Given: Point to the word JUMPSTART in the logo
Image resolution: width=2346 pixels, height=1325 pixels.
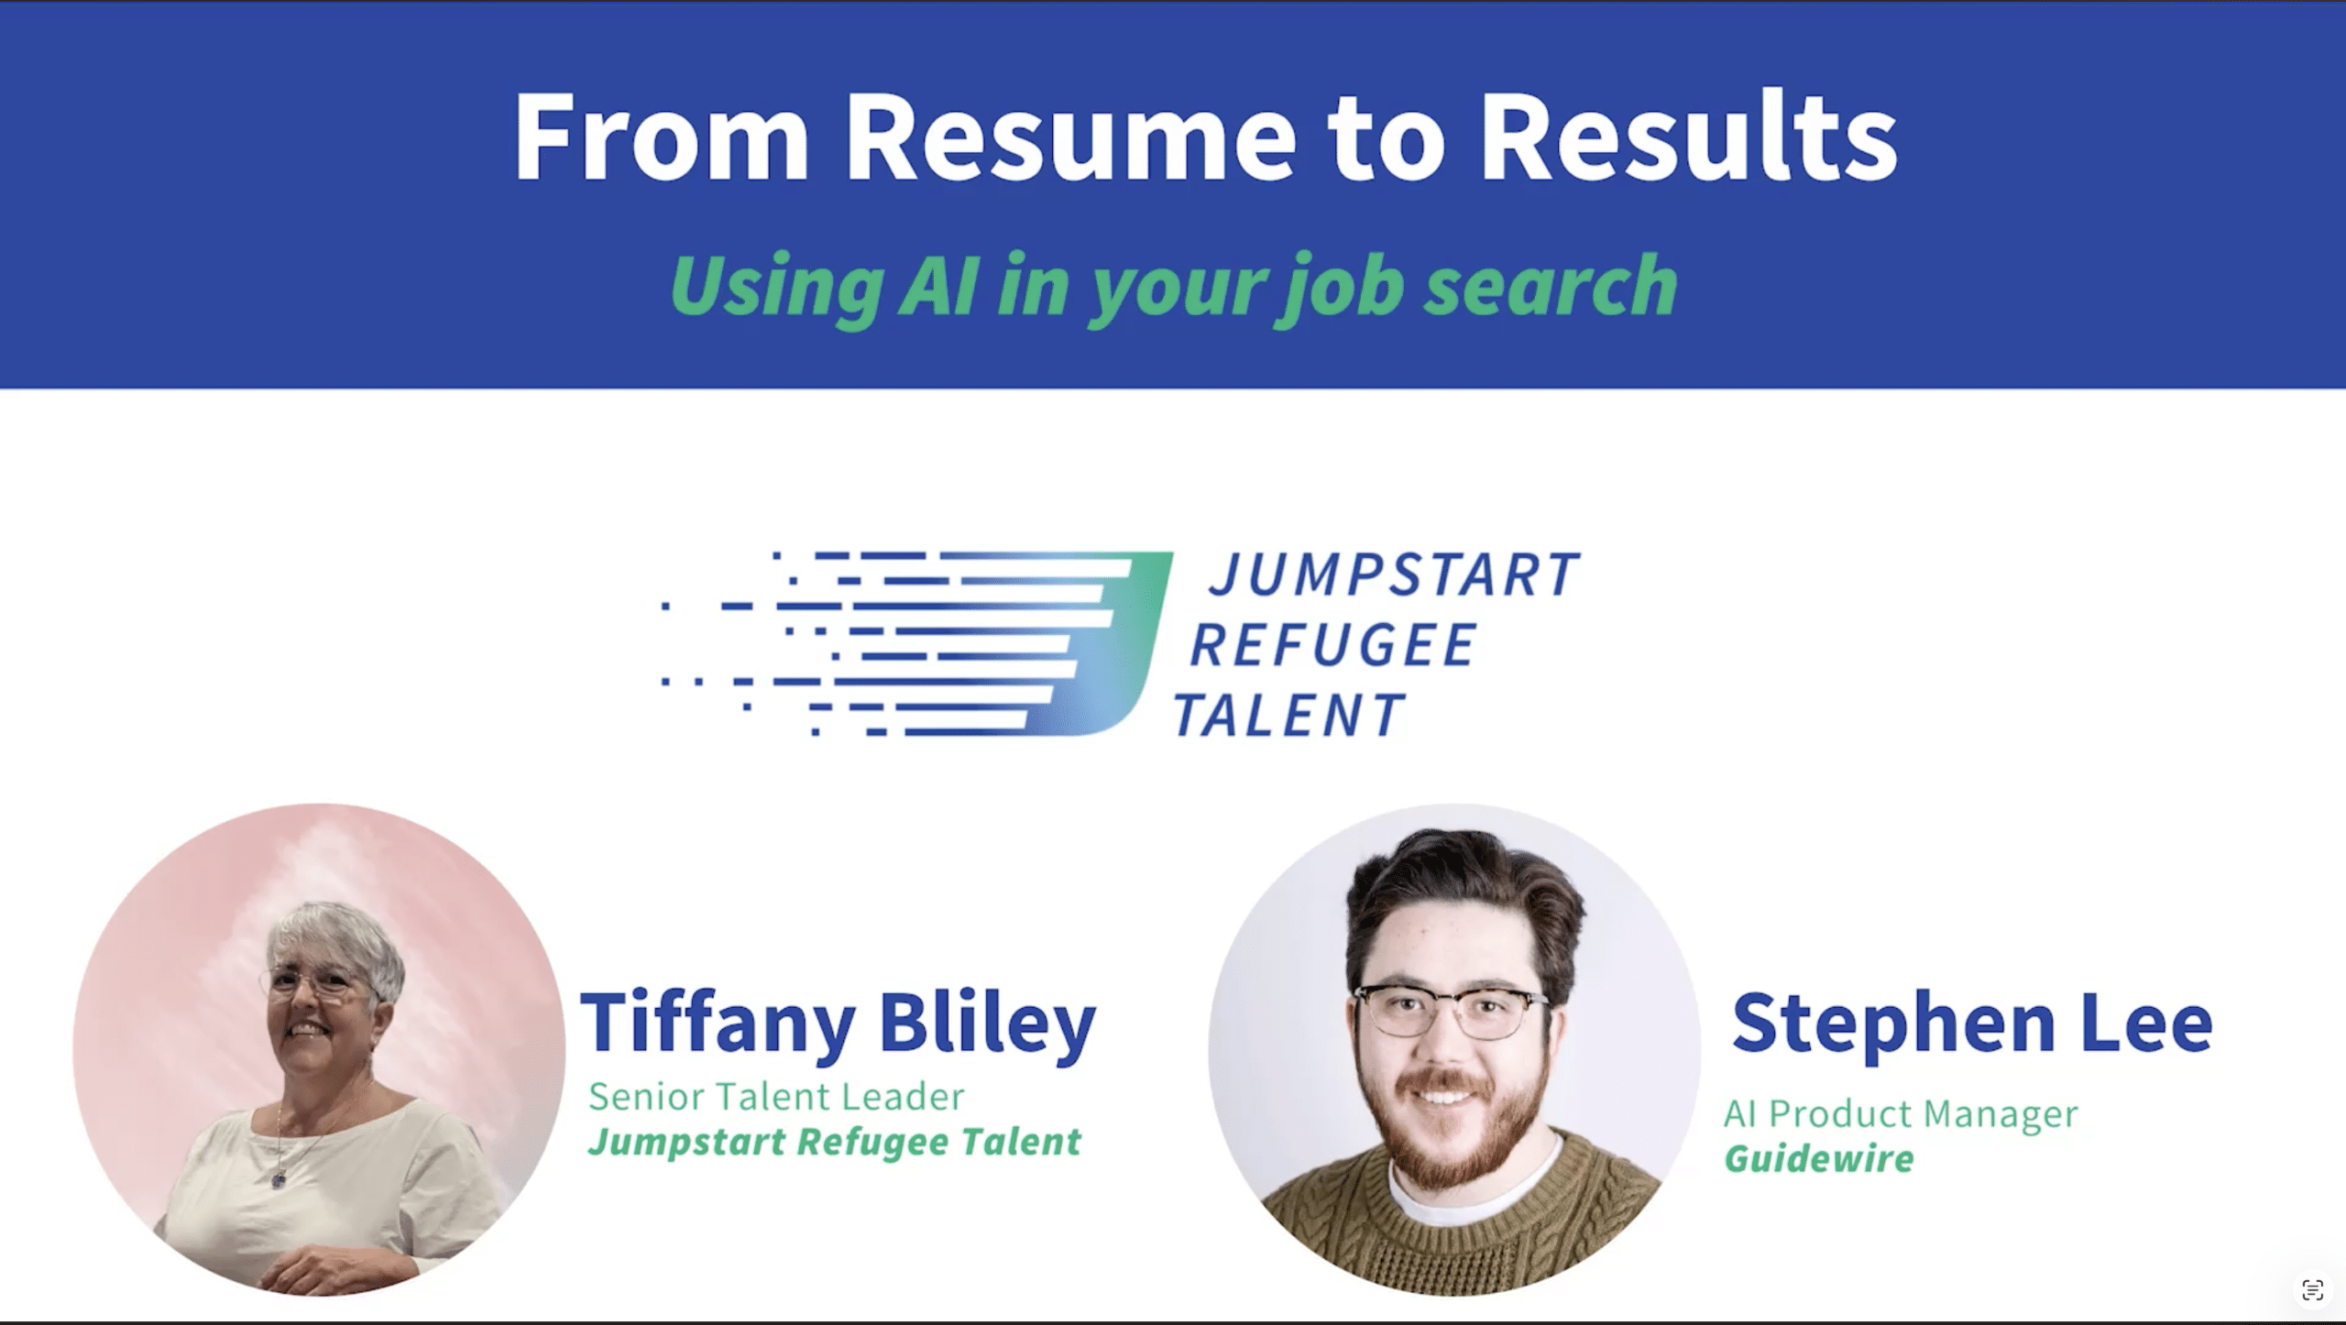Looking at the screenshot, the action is [1394, 574].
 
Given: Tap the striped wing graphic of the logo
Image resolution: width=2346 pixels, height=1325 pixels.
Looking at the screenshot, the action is [916, 643].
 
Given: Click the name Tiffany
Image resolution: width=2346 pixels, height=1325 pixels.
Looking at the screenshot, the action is [718, 1024].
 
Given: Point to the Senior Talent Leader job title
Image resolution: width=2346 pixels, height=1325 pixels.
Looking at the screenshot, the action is [776, 1096].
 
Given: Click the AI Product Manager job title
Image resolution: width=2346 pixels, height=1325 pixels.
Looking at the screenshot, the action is [1901, 1114].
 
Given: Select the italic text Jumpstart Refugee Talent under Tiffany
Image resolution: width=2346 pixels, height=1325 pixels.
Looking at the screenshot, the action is [835, 1143].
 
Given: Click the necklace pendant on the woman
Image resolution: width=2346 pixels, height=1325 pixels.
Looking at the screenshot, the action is [277, 1181].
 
